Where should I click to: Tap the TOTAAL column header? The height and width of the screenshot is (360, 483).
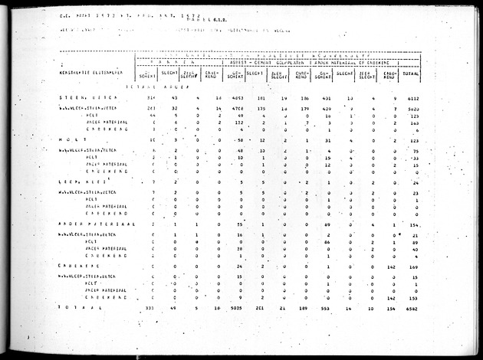(x=411, y=75)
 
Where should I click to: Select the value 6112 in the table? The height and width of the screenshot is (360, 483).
(x=411, y=99)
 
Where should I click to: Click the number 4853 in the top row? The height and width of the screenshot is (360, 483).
(x=238, y=99)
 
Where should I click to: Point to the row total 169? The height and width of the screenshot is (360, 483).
(x=413, y=266)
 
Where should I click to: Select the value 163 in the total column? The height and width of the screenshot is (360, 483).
(x=413, y=123)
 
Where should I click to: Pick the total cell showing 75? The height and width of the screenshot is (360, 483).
(x=415, y=151)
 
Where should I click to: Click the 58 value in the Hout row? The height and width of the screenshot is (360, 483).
(x=240, y=140)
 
